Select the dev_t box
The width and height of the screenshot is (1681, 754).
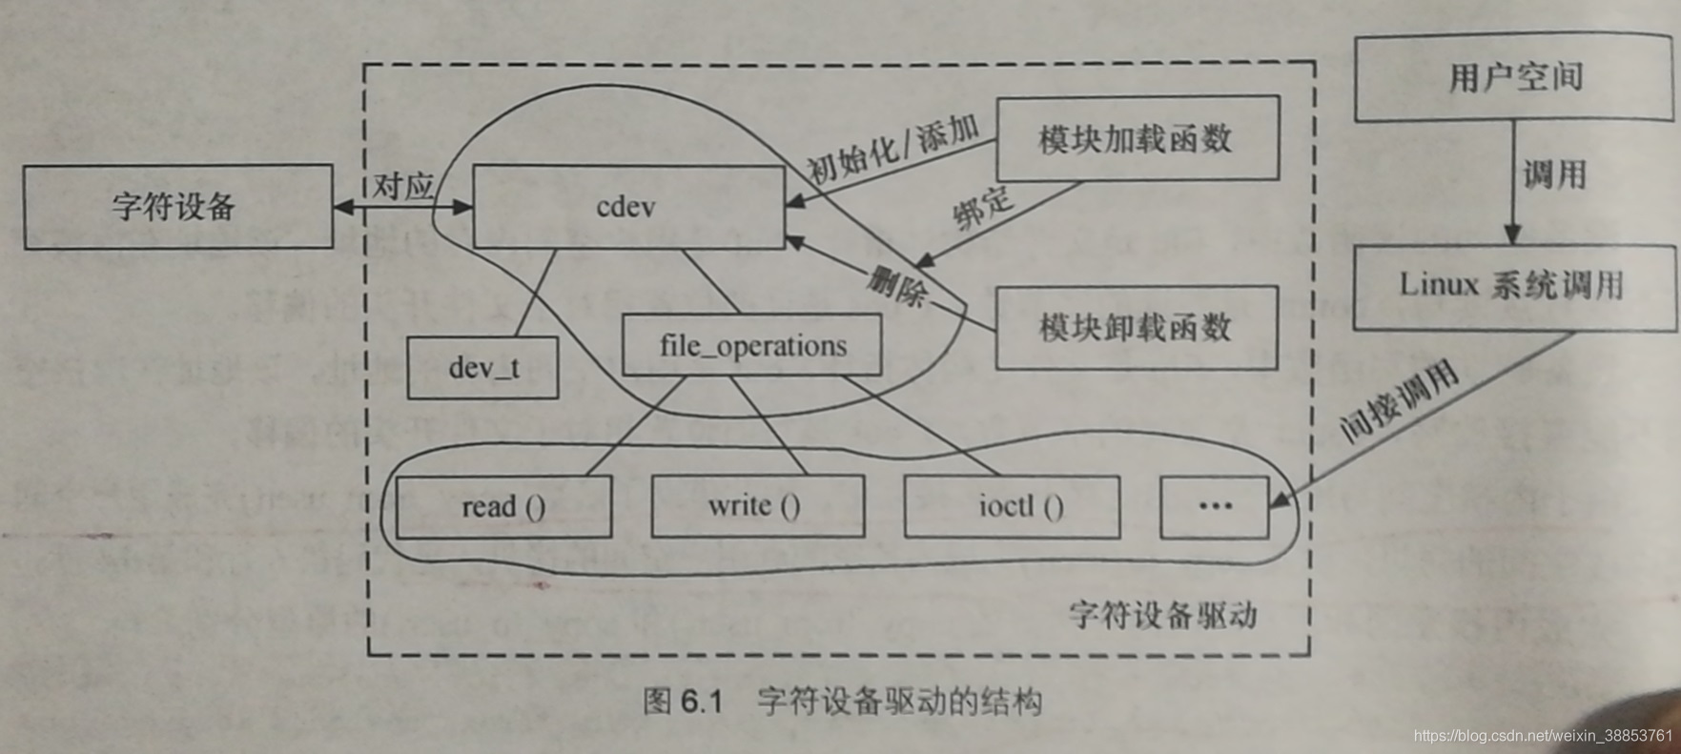pyautogui.click(x=482, y=367)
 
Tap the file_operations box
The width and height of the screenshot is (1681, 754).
pyautogui.click(x=752, y=345)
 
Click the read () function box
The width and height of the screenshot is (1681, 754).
pyautogui.click(x=502, y=506)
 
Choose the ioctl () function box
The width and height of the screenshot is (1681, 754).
pyautogui.click(x=1013, y=506)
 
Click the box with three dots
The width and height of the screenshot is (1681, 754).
pyautogui.click(x=1214, y=506)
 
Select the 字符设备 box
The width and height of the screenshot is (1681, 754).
pyautogui.click(x=177, y=207)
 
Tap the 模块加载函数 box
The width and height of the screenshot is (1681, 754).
pyautogui.click(x=1137, y=139)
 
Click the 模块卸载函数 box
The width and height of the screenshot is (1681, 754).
pyautogui.click(x=1137, y=328)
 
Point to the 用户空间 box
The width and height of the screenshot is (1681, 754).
pyautogui.click(x=1515, y=77)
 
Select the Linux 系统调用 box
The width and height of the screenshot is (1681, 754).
pyautogui.click(x=1513, y=285)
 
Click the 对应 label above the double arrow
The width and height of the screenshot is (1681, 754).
pyautogui.click(x=402, y=185)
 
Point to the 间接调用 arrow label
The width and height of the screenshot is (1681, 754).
pyautogui.click(x=1400, y=401)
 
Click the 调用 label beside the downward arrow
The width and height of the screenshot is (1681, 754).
pyautogui.click(x=1555, y=174)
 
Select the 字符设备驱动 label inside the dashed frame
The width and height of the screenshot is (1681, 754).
pyautogui.click(x=1162, y=615)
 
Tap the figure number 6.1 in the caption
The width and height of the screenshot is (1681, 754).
pyautogui.click(x=699, y=703)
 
